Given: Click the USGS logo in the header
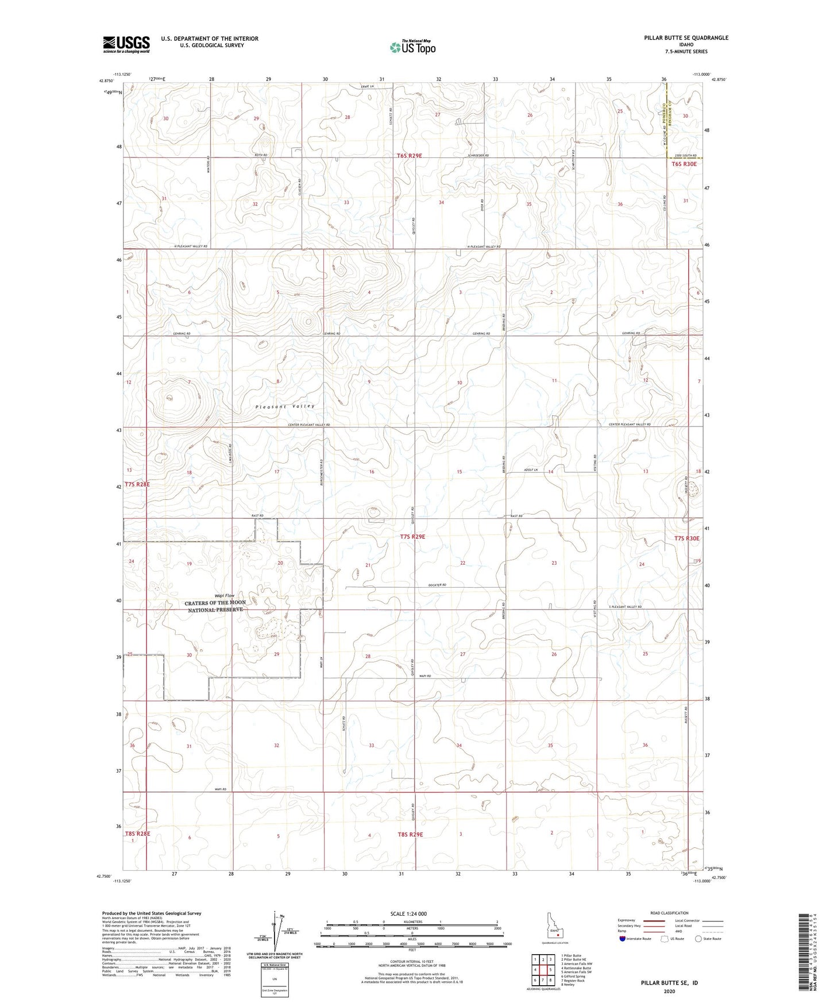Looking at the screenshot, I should [x=126, y=44].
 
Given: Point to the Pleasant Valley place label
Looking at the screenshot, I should [x=285, y=406].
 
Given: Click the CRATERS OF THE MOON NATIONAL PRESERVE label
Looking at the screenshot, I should [x=215, y=607].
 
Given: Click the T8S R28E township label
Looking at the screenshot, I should [x=137, y=833].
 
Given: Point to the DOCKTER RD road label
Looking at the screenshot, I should [x=437, y=585].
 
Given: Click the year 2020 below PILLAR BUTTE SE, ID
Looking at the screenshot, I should [x=669, y=991].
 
